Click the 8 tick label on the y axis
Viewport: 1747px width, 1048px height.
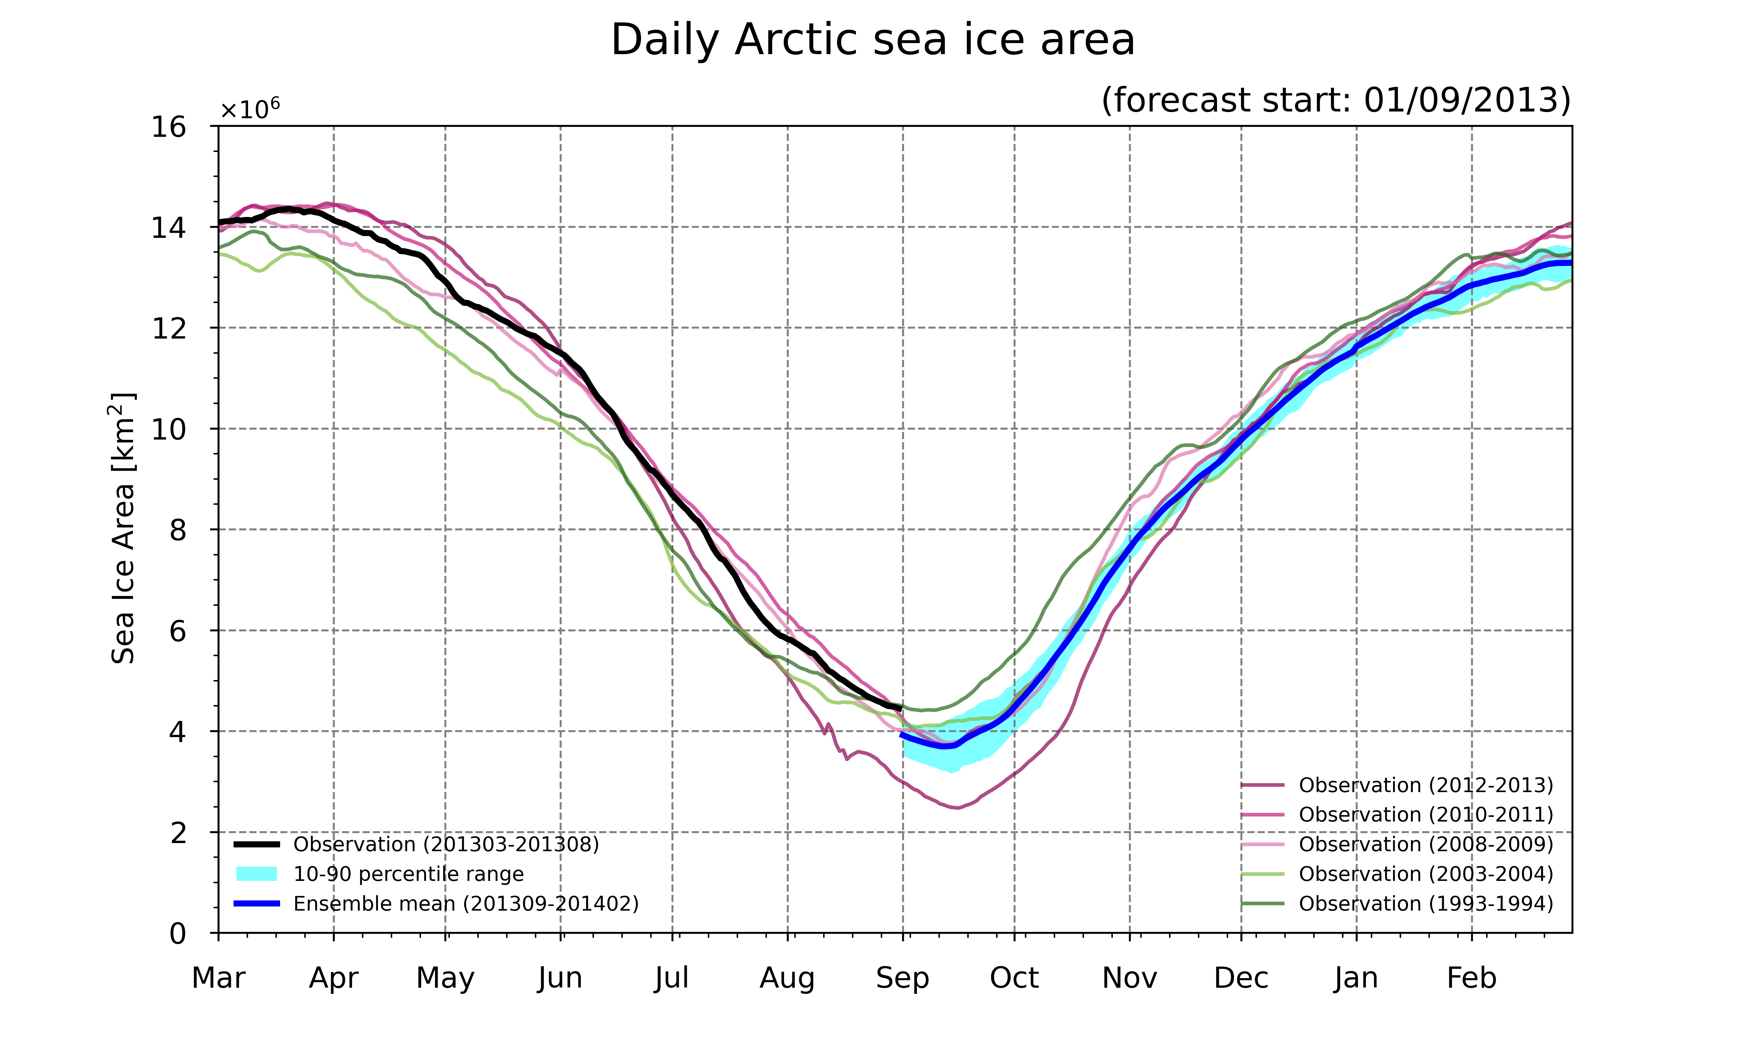pos(178,530)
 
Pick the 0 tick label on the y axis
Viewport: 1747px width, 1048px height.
pos(178,934)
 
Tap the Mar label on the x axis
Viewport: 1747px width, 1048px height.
pos(219,978)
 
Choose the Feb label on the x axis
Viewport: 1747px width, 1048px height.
pos(1472,978)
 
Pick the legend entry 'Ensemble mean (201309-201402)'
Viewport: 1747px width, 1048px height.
pos(436,904)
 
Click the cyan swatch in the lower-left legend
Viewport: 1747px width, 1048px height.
pos(256,874)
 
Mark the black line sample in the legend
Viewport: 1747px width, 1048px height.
pos(256,845)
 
